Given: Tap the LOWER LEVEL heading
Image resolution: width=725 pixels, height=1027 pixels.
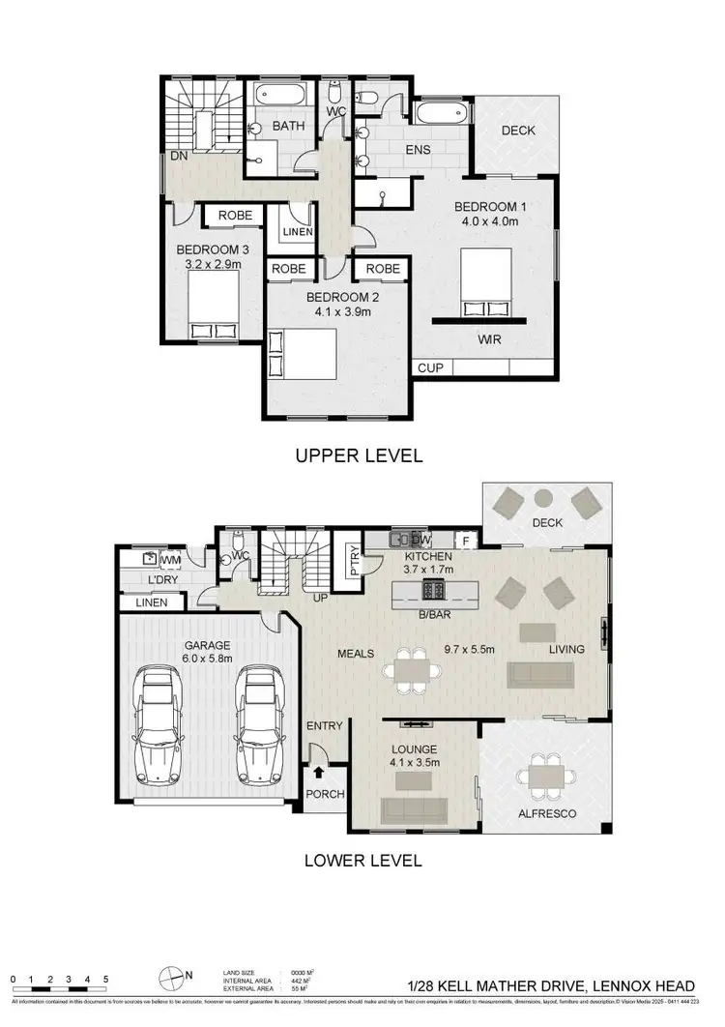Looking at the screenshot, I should pos(362,859).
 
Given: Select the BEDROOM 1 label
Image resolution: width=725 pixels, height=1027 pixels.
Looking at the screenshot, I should pos(490,206).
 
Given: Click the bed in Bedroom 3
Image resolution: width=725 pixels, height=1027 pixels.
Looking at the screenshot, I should pos(214,305).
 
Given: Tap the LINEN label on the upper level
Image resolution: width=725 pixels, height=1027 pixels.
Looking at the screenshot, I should pos(296,233).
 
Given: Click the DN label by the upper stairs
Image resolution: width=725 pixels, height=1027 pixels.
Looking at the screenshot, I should pos(178,155).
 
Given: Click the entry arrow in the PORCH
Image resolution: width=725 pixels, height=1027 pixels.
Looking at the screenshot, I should pos(320,772).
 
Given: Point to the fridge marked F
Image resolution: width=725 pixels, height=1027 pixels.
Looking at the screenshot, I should pos(466,540).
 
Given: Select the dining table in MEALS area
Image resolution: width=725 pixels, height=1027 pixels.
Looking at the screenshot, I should pos(411,669).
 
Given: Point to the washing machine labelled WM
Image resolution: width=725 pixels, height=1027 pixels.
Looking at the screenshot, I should pos(149,558).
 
